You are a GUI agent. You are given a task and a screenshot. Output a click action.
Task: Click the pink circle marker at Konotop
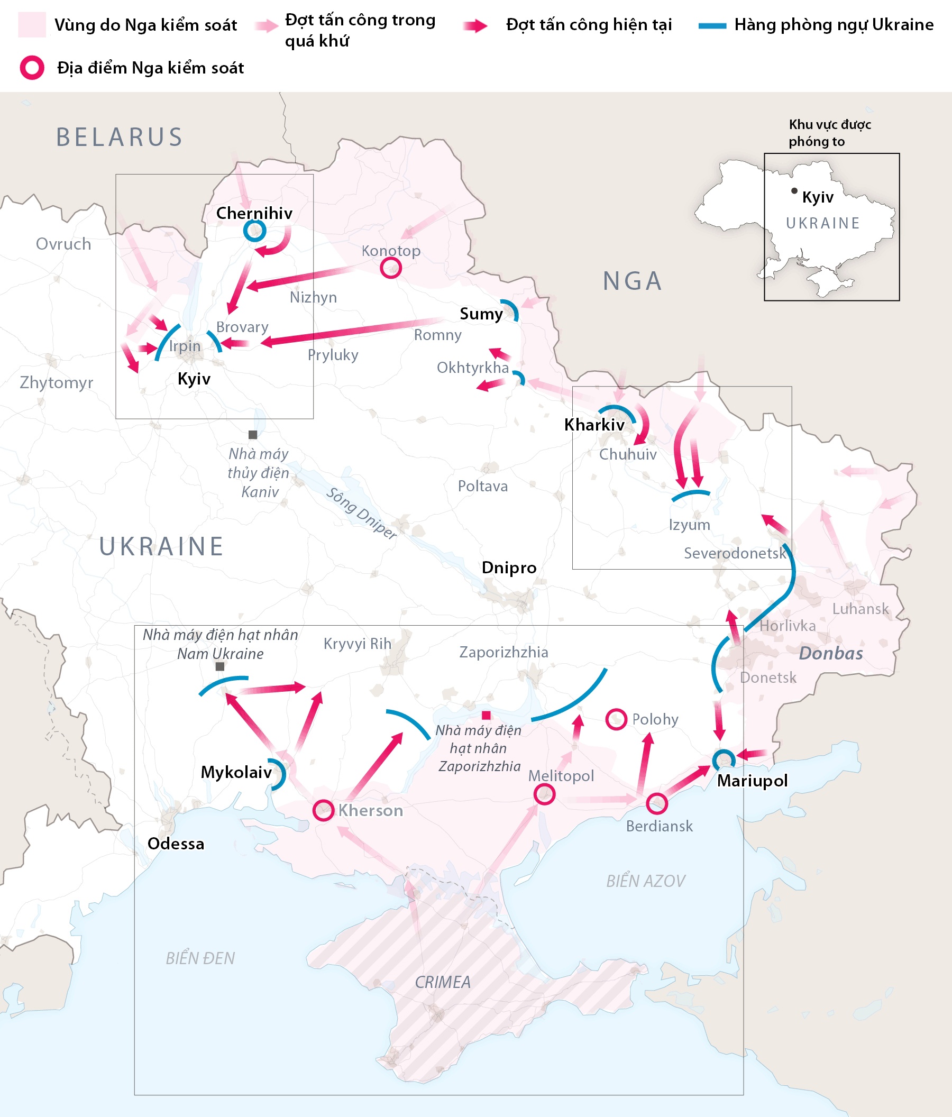coord(391,268)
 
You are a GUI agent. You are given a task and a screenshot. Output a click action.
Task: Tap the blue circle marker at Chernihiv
coord(254,231)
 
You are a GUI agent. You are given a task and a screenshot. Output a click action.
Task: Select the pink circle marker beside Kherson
coord(324,810)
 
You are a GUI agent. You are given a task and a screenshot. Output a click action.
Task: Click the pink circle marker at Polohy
coord(616,719)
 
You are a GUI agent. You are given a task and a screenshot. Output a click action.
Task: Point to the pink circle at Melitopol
coord(544,794)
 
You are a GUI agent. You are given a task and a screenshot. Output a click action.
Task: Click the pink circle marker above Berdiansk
coord(656,804)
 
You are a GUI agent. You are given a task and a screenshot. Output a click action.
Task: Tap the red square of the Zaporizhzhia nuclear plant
coord(486,716)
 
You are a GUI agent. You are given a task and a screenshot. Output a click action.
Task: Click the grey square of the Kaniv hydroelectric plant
coord(253,435)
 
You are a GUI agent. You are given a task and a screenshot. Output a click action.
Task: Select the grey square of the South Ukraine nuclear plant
coord(220,667)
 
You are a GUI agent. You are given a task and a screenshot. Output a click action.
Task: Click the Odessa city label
coord(176,844)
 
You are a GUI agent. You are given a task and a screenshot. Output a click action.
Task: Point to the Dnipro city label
coord(509,567)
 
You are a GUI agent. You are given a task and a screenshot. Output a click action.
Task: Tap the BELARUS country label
coord(120,138)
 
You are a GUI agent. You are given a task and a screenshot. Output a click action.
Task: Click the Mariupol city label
coord(752,781)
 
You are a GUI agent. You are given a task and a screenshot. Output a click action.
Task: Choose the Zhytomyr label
coord(56,383)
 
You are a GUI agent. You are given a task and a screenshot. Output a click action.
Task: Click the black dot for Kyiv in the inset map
coord(794,191)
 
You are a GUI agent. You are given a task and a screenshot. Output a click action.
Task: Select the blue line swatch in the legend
coord(712,25)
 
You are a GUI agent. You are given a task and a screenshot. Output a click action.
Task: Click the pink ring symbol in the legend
coord(32,68)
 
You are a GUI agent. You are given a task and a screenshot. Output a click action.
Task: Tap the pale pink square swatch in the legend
coord(32,25)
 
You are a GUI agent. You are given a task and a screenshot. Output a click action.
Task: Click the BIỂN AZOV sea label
coord(645,882)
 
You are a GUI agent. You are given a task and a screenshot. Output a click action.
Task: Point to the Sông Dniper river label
coord(362,512)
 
